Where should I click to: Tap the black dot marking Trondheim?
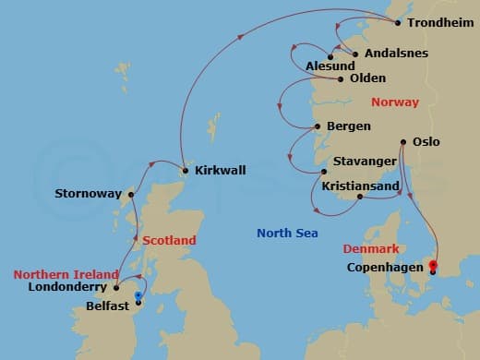point(398,22)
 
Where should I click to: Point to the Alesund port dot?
point(330,57)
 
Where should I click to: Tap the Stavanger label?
point(366,160)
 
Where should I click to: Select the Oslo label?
point(426,142)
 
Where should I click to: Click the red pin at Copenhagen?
point(432,266)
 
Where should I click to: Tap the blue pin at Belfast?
point(138,295)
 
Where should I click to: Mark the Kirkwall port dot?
point(186,170)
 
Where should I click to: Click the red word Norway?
point(393,102)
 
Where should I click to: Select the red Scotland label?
point(170,240)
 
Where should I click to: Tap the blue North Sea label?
point(287,233)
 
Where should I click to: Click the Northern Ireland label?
point(66,274)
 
